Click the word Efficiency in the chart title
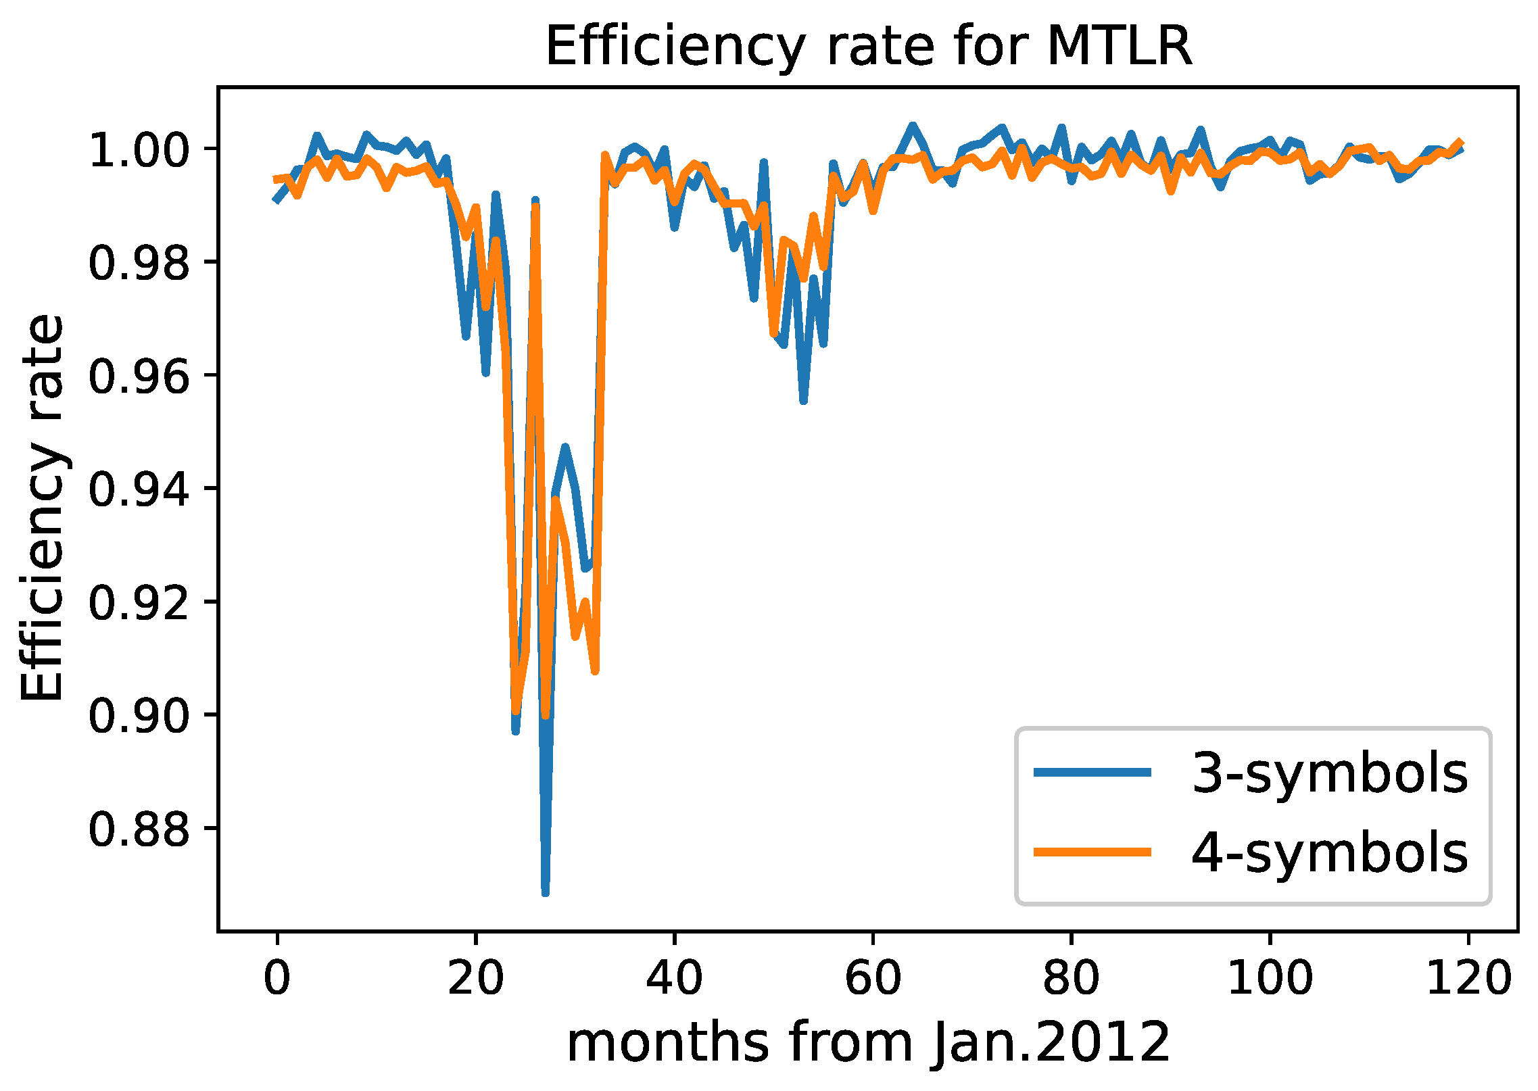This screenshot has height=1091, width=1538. click(675, 47)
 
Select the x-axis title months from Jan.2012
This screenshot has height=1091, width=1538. click(868, 1042)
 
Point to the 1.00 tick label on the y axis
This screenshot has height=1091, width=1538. click(139, 150)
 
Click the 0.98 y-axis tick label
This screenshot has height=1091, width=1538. click(139, 263)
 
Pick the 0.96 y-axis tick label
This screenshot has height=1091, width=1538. click(139, 377)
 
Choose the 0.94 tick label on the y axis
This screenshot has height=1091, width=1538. click(139, 489)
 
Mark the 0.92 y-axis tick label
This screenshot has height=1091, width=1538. click(139, 603)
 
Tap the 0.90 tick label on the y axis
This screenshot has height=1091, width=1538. click(139, 716)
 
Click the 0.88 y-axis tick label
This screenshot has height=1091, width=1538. click(139, 829)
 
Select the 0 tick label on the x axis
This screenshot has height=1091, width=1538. click(277, 977)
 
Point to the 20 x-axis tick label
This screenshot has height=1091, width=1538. click(476, 977)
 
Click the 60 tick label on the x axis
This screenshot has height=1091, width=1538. click(873, 977)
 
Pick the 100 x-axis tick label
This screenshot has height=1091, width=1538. click(1270, 977)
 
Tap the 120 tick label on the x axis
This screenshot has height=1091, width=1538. click(1468, 977)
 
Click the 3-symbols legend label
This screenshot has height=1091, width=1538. click(1329, 773)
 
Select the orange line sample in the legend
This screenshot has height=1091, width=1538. click(1092, 852)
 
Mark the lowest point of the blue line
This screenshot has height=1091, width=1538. click(546, 893)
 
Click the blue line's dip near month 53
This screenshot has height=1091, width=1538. click(803, 401)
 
